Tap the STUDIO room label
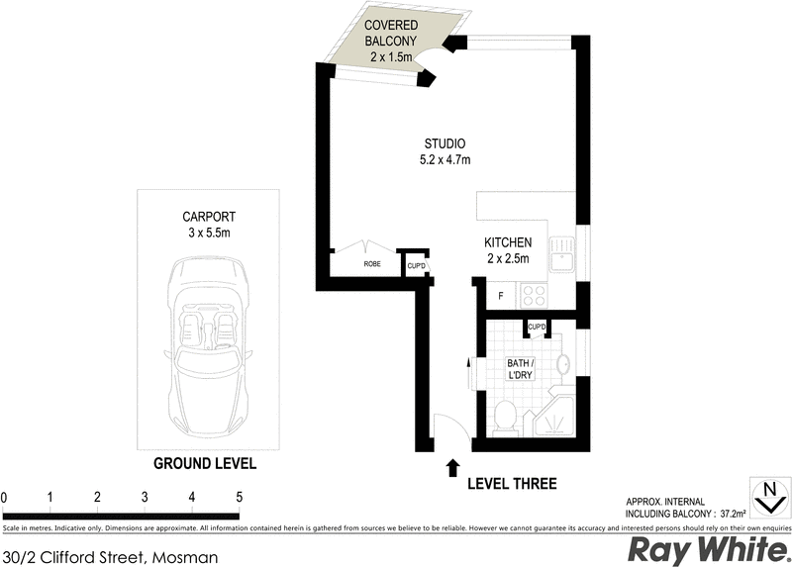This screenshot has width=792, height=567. click(x=445, y=151)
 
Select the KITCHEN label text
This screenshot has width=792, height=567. click(x=508, y=250)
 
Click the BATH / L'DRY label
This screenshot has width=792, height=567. click(x=521, y=369)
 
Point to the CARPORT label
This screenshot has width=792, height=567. click(x=207, y=224)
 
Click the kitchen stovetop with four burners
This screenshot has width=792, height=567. click(x=535, y=294)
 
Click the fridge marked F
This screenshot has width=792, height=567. click(x=501, y=294)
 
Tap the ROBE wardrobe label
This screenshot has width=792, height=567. click(x=372, y=265)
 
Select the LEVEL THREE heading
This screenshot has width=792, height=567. click(x=511, y=484)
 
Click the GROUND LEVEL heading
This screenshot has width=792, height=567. click(x=205, y=463)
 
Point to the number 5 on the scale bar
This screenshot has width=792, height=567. click(x=239, y=497)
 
